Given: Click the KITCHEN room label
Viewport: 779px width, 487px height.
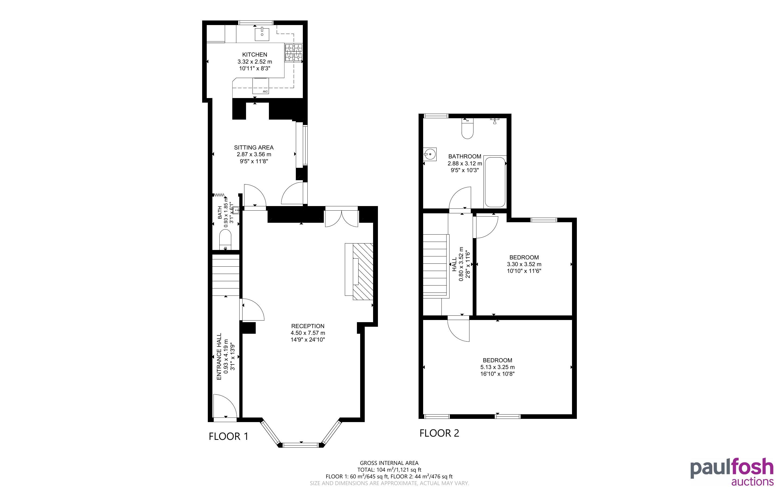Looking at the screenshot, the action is [255, 55].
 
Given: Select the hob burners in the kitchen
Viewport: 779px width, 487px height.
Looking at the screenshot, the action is [293, 53].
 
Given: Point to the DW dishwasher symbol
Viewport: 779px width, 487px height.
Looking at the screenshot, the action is [261, 86].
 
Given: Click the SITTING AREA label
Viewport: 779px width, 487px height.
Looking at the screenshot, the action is [254, 148].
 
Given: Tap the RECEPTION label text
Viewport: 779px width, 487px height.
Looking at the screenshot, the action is [308, 326].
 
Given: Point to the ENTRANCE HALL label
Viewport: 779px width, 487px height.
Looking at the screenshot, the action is [219, 357].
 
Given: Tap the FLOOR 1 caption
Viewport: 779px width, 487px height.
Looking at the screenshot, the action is [229, 436].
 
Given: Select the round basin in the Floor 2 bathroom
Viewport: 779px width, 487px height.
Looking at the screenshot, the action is [430, 154].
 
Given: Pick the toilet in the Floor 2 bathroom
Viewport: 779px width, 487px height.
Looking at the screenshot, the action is [467, 128].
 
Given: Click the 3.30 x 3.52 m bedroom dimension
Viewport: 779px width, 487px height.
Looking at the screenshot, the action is [524, 264].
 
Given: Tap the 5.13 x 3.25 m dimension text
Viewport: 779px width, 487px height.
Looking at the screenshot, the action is [497, 367].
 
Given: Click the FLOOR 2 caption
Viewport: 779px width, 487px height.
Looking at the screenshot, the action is [439, 433].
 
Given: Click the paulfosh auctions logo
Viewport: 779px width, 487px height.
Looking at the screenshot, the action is [732, 472].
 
